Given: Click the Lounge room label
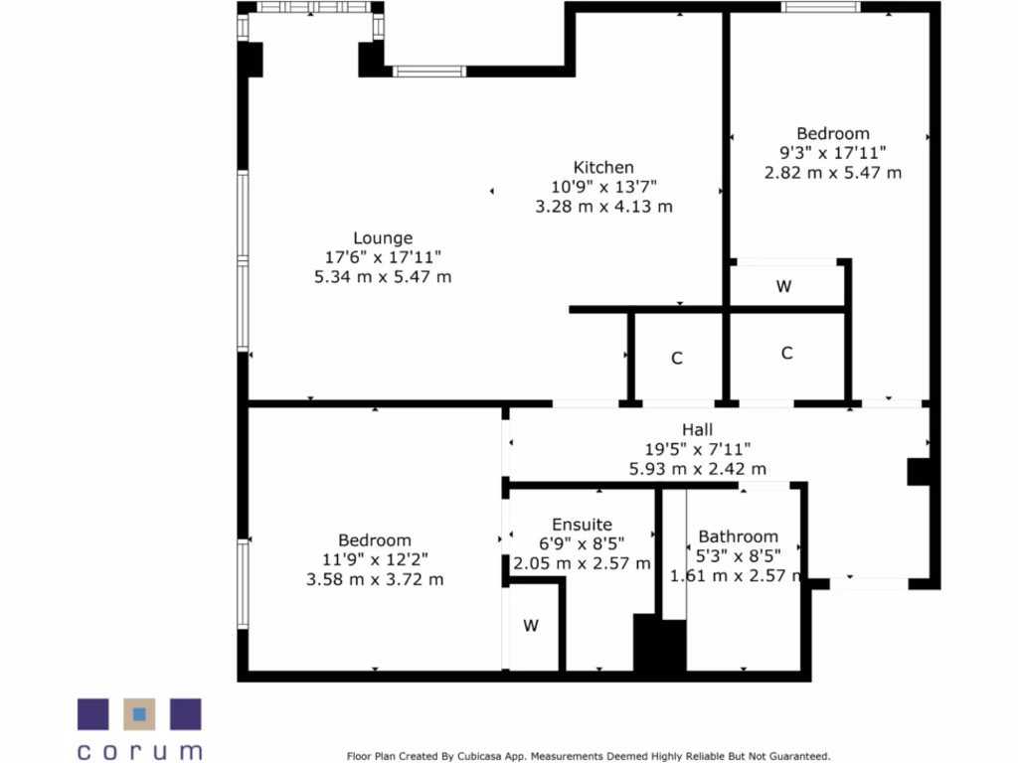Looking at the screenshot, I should pos(383,238).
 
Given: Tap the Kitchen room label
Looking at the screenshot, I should pos(603,167).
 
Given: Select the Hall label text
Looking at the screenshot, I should pos(697,429).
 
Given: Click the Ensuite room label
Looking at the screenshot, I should pos(582,525).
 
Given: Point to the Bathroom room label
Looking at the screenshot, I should pos(738,536).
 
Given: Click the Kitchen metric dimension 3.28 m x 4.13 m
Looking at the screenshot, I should pos(603,207).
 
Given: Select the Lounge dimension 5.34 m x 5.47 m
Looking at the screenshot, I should pos(383,277).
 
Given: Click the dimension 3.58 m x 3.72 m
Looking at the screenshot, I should pos(375,579).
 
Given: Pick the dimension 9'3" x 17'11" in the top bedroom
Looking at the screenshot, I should pos(833,152).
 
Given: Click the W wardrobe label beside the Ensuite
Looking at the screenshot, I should pos(531,626).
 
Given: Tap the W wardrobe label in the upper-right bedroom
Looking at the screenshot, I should pos(783,287).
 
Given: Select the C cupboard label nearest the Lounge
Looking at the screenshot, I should pos(677,359).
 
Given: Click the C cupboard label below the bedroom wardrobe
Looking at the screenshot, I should pos(786,353).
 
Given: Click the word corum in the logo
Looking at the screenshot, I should pos(139,751).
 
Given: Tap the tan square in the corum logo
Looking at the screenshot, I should pos(140,714).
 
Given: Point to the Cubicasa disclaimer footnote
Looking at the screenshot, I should pos(589,756).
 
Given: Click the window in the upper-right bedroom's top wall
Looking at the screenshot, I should pos(820,7).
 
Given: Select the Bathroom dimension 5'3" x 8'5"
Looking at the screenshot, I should pos(738,556).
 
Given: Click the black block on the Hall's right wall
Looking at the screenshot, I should pos(919,472).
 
